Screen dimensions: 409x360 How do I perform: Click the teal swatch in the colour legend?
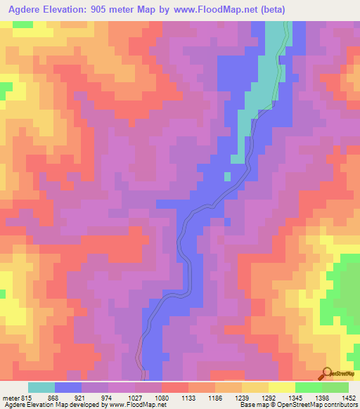click(x=41, y=387)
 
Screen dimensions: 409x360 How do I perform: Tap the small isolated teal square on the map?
click(x=227, y=176)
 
